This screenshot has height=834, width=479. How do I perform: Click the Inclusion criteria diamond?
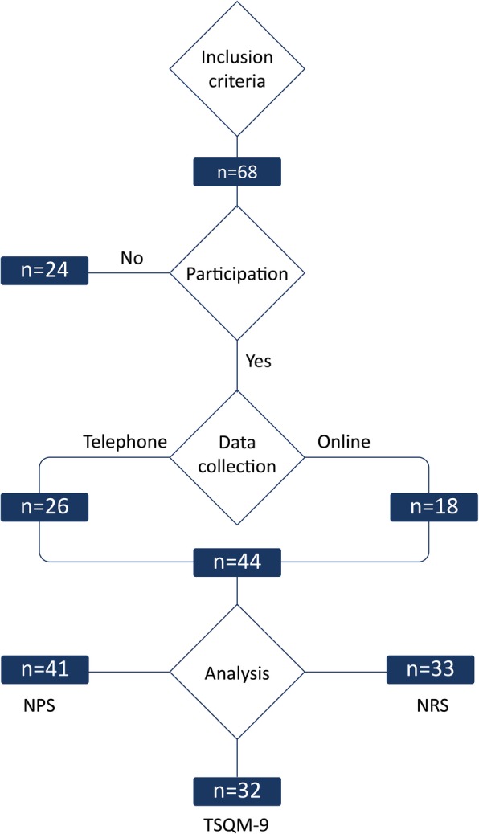[x=237, y=69]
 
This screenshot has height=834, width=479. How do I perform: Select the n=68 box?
[x=237, y=173]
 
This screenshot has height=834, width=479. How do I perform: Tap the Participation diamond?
[x=237, y=273]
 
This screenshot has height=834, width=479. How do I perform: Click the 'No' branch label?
[x=131, y=258]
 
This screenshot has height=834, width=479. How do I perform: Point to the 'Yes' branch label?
[x=258, y=361]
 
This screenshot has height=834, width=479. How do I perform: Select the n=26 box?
[x=44, y=507]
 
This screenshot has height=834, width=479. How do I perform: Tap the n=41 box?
[x=44, y=668]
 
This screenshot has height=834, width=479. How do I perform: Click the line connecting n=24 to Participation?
[x=129, y=273]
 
